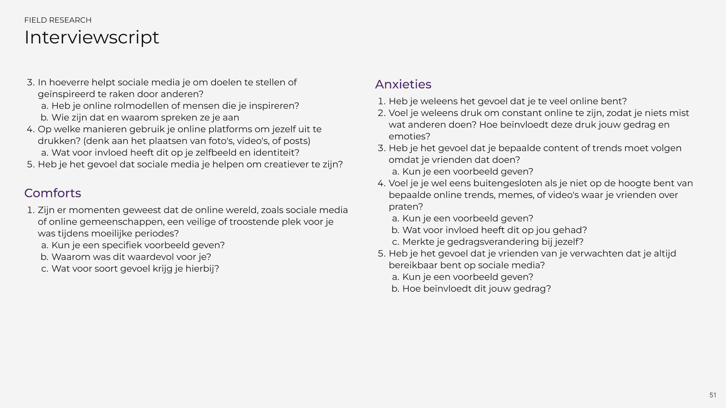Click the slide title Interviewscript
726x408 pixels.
point(92,37)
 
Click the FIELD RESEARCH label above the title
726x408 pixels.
point(58,20)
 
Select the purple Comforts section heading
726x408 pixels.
point(53,193)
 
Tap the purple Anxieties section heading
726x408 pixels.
point(403,84)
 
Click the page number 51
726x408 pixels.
point(713,395)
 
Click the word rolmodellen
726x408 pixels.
point(140,106)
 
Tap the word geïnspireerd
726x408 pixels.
point(66,94)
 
